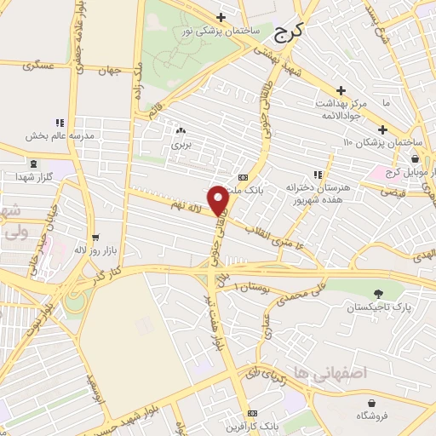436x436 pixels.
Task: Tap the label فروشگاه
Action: pos(372,416)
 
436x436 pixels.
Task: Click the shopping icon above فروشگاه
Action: pos(372,403)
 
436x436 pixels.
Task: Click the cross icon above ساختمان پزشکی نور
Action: pos(221,17)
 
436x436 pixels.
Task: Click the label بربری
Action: pos(181,145)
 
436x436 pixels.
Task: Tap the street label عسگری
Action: pos(38,65)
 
